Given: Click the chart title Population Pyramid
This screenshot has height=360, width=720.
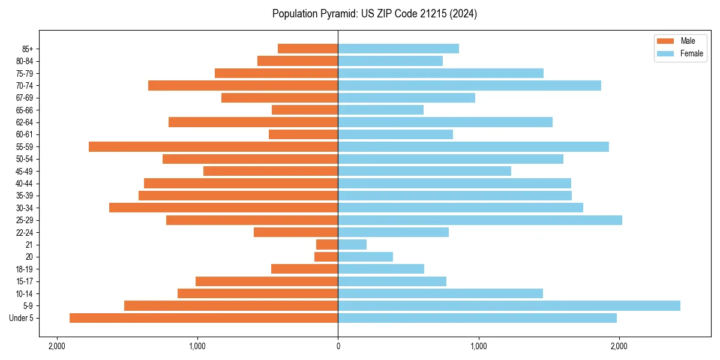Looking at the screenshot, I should [x=374, y=14].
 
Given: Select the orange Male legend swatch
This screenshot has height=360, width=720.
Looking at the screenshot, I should [x=666, y=41].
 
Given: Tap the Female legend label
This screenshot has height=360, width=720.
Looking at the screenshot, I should [x=692, y=53].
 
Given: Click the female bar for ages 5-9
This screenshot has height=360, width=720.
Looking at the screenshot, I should [x=509, y=305].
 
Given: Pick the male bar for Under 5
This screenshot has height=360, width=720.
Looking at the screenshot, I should [x=204, y=318].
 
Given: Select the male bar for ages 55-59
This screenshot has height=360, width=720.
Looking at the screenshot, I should [x=214, y=146].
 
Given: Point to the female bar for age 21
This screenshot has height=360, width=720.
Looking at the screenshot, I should [x=352, y=244].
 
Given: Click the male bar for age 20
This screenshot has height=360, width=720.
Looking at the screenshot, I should [x=326, y=257].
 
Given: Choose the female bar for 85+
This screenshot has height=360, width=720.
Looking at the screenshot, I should [x=398, y=49].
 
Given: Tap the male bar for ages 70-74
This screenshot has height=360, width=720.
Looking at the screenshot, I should [x=243, y=85].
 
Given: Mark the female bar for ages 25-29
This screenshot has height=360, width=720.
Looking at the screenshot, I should [x=480, y=220].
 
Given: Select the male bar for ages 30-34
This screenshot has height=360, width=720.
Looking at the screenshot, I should [x=224, y=208].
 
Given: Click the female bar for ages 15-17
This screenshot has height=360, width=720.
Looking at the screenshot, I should [x=392, y=281].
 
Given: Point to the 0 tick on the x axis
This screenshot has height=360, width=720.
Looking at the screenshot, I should [x=338, y=346].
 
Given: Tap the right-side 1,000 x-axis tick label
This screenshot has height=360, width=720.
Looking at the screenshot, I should [x=478, y=346].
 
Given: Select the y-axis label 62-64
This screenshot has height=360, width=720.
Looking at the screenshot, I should [x=25, y=122].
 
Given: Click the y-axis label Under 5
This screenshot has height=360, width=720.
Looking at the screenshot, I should [x=22, y=318].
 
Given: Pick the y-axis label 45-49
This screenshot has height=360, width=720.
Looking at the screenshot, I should [x=25, y=171].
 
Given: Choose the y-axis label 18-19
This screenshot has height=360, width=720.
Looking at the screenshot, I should [x=25, y=269].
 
